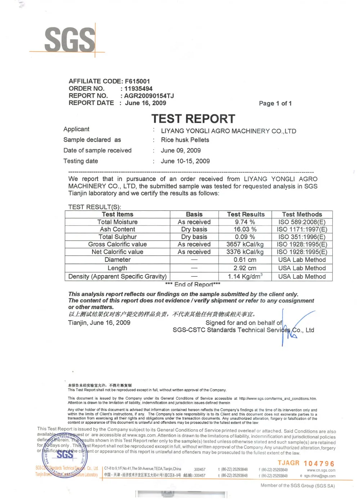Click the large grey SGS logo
pos(70,40)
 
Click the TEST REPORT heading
pos(193,119)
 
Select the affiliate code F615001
pos(137,81)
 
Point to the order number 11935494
pos(138,89)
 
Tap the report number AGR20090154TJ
pos(149,96)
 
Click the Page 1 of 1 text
pos(275,104)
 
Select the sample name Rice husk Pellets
pos(185,140)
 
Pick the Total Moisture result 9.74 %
pos(245,222)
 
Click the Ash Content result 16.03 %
pos(245,230)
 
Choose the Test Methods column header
pos(302,214)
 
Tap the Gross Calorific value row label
pos(117,244)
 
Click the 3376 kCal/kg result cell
pos(245,252)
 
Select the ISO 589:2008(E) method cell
pos(302,222)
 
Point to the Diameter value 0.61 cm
pos(245,260)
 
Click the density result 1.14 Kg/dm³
pos(245,277)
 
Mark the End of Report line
pos(193,285)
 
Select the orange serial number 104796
pos(319,464)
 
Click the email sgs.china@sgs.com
pos(320,476)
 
